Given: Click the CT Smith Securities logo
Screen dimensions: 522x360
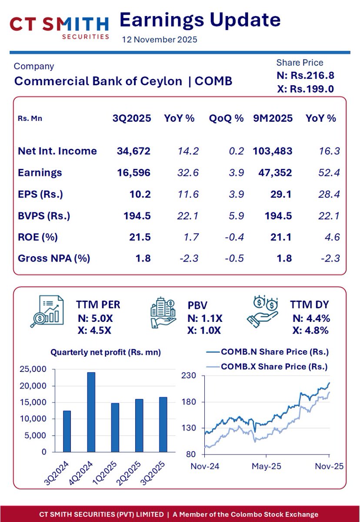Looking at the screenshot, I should (59, 27).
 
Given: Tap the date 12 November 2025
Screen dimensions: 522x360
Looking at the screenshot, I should (160, 40).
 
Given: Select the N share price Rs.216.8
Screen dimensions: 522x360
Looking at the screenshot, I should (305, 75).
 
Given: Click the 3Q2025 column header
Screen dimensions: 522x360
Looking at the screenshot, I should (132, 118).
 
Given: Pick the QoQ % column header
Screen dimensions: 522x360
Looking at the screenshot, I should (226, 118).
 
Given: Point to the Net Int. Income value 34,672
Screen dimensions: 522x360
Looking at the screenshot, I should (133, 151).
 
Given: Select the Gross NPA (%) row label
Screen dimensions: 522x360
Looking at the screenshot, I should (54, 258).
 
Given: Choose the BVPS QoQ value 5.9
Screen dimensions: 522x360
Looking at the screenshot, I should (237, 215).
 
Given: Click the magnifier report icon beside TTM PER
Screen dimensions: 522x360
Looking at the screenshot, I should (47, 311).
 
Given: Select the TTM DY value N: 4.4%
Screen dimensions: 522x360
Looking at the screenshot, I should (310, 318).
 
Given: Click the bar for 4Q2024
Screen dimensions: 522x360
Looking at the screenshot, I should (91, 412).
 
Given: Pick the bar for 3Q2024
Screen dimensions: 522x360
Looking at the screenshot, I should (67, 431).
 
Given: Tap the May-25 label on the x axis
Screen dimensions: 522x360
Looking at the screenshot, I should (267, 466).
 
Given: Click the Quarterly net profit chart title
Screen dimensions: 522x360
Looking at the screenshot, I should (106, 353).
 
